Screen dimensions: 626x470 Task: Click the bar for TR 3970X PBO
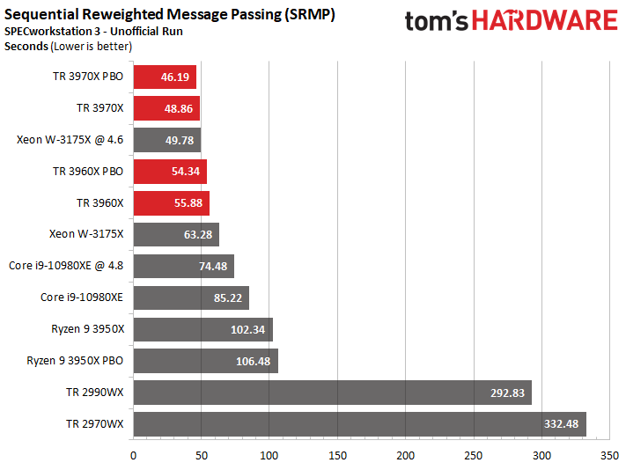pyautogui.click(x=165, y=77)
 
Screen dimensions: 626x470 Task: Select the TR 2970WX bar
pyautogui.click(x=360, y=424)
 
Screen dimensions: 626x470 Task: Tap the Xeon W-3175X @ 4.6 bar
pyautogui.click(x=167, y=140)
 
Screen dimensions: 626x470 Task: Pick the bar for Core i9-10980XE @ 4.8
pyautogui.click(x=184, y=266)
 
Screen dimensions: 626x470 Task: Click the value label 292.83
pyautogui.click(x=507, y=393)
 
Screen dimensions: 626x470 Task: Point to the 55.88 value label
pyautogui.click(x=188, y=203)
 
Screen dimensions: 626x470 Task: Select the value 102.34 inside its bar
pyautogui.click(x=247, y=329)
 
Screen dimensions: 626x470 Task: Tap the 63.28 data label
pyautogui.click(x=197, y=235)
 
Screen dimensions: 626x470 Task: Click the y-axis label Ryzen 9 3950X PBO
pyautogui.click(x=75, y=361)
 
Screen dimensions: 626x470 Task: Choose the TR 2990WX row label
pyautogui.click(x=95, y=393)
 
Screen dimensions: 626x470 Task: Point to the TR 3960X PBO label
pyautogui.click(x=88, y=172)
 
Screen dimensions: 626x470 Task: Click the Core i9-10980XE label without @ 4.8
pyautogui.click(x=82, y=297)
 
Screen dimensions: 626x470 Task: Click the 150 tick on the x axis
pyautogui.click(x=337, y=456)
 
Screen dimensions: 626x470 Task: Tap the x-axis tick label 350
pyautogui.click(x=609, y=456)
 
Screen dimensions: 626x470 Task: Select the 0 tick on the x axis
pyautogui.click(x=133, y=456)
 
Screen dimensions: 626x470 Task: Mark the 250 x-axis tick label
pyautogui.click(x=474, y=456)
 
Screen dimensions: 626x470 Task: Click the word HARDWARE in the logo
pyautogui.click(x=544, y=21)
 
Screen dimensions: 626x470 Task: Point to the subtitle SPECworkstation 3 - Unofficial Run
pyautogui.click(x=93, y=31)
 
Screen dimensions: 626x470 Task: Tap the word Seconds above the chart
pyautogui.click(x=26, y=47)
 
